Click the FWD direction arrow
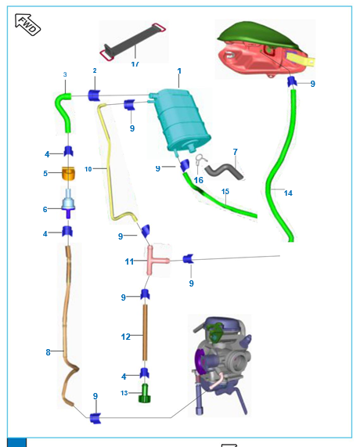point(27,24)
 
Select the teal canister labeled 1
point(180,120)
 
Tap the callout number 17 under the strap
point(135,64)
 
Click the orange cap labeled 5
point(69,173)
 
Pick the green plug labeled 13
point(145,393)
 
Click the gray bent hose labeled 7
point(225,171)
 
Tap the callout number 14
point(288,193)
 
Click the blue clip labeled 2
point(94,96)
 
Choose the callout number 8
point(48,352)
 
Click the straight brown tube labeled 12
point(145,332)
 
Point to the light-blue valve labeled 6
point(68,203)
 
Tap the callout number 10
point(88,169)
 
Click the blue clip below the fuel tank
point(292,82)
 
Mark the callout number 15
point(225,191)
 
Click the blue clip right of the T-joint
point(188,259)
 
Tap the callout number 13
point(124,393)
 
